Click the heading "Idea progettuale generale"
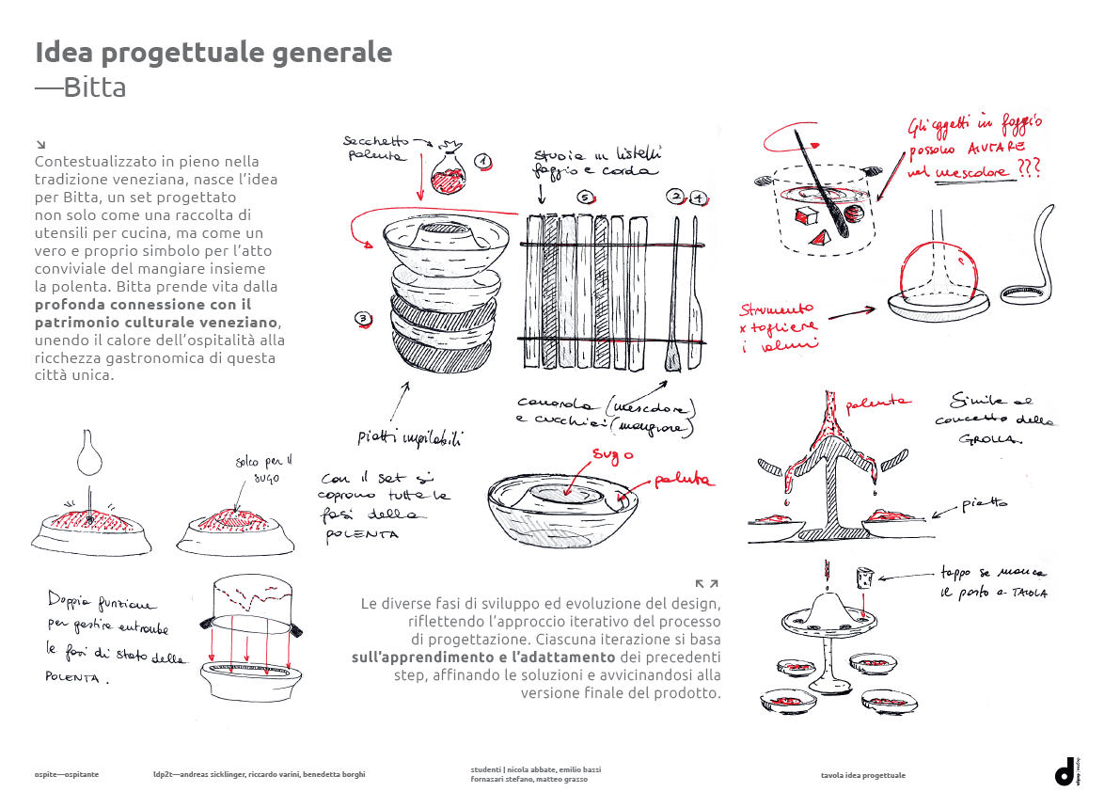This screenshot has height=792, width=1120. pyautogui.click(x=213, y=53)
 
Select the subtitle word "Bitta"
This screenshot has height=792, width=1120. pyautogui.click(x=95, y=88)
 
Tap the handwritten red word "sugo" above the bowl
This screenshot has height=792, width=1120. pyautogui.click(x=612, y=455)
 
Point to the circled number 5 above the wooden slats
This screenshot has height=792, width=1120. pyautogui.click(x=585, y=198)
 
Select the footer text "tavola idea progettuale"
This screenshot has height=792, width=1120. pyautogui.click(x=862, y=775)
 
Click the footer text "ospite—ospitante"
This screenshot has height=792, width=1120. pyautogui.click(x=67, y=774)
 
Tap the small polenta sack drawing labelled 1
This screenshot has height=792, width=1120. pyautogui.click(x=448, y=172)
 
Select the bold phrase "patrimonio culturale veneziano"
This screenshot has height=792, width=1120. pyautogui.click(x=156, y=322)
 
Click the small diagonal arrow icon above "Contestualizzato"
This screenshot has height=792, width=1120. pyautogui.click(x=40, y=144)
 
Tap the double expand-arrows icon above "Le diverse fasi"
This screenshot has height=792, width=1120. pyautogui.click(x=706, y=584)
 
